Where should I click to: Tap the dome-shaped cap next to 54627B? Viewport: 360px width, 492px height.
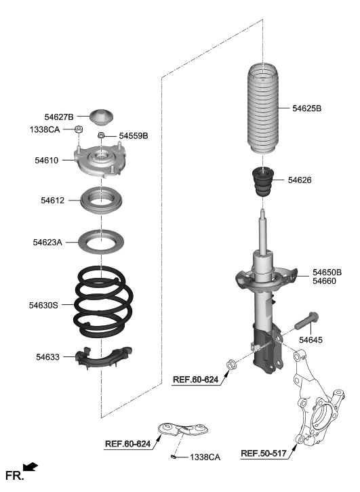point(102,117)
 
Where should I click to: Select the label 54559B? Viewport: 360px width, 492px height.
point(133,136)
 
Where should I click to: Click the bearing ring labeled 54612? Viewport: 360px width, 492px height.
point(102,201)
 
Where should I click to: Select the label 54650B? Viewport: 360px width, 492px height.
point(327,272)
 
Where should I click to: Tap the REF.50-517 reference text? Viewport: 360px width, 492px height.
point(267,453)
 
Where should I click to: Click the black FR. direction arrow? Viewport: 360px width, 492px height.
point(31,467)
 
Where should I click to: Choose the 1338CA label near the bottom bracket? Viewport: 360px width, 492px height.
point(205,457)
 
